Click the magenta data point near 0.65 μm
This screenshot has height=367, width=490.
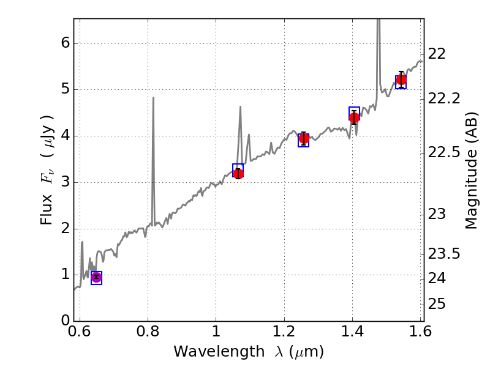coord(96,277)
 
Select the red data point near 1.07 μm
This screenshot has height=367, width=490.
coord(238,174)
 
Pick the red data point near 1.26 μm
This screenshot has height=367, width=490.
coord(304,139)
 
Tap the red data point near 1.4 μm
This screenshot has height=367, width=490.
coord(354,117)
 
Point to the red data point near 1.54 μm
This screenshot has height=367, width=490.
coord(401,80)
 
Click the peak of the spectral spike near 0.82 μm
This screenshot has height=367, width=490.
coord(153,98)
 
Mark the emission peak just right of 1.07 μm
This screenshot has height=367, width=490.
coord(240,107)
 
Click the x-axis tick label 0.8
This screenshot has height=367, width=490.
coord(148,332)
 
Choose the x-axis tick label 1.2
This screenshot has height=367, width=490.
coord(284,332)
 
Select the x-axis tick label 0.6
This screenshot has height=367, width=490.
coord(80,332)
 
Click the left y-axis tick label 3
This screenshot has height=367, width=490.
coord(64,182)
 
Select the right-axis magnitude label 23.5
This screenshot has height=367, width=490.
coord(444,253)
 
